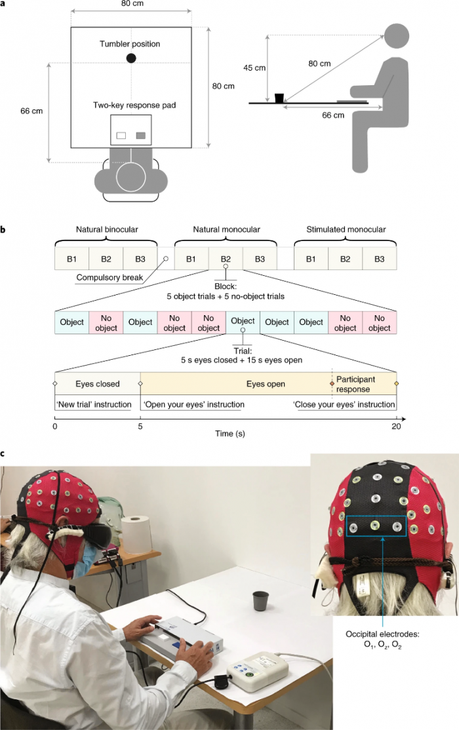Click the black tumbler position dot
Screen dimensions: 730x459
coord(131,58)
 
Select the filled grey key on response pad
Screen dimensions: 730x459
coord(140,136)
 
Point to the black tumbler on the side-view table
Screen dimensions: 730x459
coord(280,98)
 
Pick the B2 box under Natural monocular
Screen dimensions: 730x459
coord(226,259)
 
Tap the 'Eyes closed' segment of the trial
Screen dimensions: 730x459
coord(97,383)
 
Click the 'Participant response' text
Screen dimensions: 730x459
coord(357,384)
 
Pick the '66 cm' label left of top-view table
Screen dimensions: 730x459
coord(32,111)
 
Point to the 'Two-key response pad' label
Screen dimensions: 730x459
coord(131,105)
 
